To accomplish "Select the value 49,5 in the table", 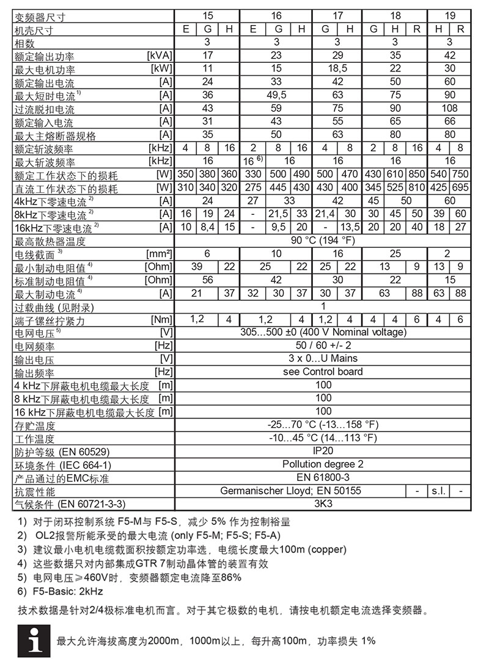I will coord(276,95).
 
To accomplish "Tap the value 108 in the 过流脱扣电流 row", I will coord(449,109).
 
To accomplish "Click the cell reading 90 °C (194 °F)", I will coord(323,240).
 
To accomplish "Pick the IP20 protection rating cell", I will coord(323,452).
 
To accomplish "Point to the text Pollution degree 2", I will coord(323,464).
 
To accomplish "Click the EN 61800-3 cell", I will coord(323,478).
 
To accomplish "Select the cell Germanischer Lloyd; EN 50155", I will coord(290,491).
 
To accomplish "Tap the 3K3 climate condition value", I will coord(323,505).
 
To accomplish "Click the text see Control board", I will coord(323,372).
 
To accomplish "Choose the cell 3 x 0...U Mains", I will coord(323,358).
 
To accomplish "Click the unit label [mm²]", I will coord(159,253).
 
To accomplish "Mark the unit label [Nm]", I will coord(162,319).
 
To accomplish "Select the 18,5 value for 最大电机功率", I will coord(337,69).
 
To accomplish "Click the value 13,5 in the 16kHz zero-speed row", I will coord(350,228).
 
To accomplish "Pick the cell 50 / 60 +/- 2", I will coord(323,345).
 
